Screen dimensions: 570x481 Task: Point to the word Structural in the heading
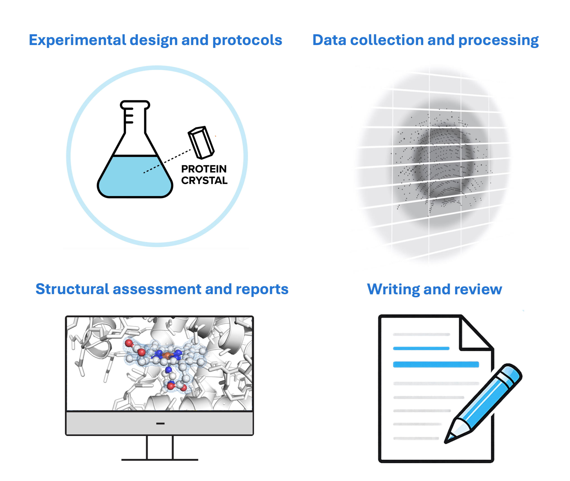coord(72,289)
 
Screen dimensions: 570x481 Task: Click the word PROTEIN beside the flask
coord(204,169)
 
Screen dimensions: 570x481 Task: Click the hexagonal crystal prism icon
coord(201,142)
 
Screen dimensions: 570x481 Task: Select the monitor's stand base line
coord(160,460)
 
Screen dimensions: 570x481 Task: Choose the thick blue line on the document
coord(436,365)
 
